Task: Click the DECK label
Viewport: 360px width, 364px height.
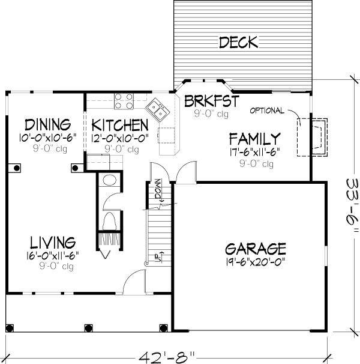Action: pos(238,42)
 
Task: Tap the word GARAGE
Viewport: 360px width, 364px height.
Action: pos(256,249)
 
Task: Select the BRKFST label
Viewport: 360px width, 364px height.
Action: pos(212,101)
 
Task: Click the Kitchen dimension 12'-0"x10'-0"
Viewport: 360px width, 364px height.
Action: pos(119,138)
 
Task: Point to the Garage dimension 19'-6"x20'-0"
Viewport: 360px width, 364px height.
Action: pos(256,262)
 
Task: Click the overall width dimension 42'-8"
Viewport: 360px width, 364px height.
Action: pos(167,357)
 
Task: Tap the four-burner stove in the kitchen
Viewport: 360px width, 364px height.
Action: pos(124,102)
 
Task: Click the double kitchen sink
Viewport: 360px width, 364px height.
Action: pos(157,110)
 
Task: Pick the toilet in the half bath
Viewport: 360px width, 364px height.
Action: pos(109,221)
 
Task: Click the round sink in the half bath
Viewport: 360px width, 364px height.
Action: pos(109,180)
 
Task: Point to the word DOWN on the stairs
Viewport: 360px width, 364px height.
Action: pos(158,189)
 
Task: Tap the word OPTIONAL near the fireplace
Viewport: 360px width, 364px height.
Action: pos(267,111)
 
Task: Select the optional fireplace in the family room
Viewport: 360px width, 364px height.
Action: pos(312,137)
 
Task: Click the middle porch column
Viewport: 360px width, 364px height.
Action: pos(88,328)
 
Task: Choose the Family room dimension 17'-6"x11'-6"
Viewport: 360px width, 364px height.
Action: pos(254,152)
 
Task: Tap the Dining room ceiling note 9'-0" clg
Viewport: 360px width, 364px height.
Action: pos(50,148)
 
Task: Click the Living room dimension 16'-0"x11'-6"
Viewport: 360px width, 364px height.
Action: pos(53,256)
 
